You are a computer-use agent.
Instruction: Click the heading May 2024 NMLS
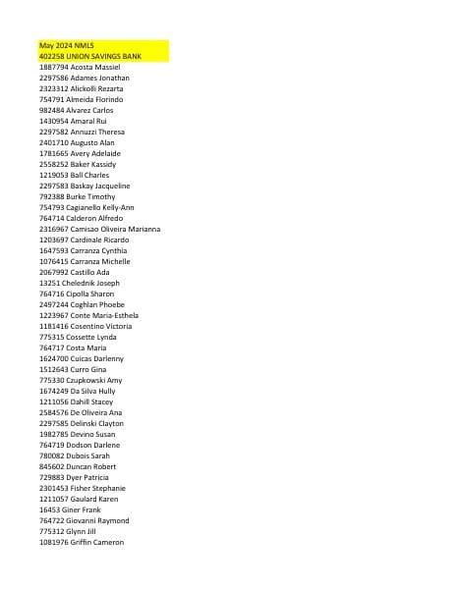click(66, 46)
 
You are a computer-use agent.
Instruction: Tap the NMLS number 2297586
click(54, 79)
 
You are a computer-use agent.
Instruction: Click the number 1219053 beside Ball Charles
click(54, 175)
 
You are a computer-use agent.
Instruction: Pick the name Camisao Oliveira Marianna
click(116, 229)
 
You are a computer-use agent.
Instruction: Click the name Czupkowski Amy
click(101, 380)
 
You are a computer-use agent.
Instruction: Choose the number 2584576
click(54, 412)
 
